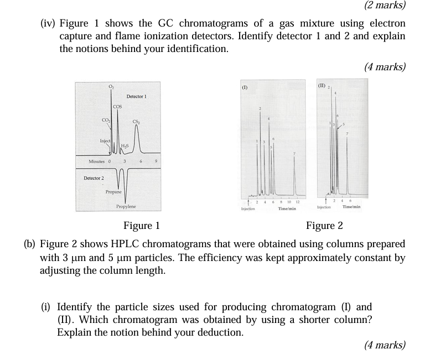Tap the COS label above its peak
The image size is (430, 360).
click(x=117, y=106)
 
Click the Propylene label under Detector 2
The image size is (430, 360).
click(x=126, y=206)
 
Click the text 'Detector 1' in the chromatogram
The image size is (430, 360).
click(x=136, y=96)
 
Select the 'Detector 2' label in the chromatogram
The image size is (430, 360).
click(x=94, y=178)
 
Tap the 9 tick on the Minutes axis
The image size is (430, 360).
click(x=157, y=161)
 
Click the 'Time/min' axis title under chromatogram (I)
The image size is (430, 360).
click(x=287, y=208)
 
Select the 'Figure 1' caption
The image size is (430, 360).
click(x=141, y=225)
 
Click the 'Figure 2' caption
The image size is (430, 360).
click(x=324, y=225)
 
